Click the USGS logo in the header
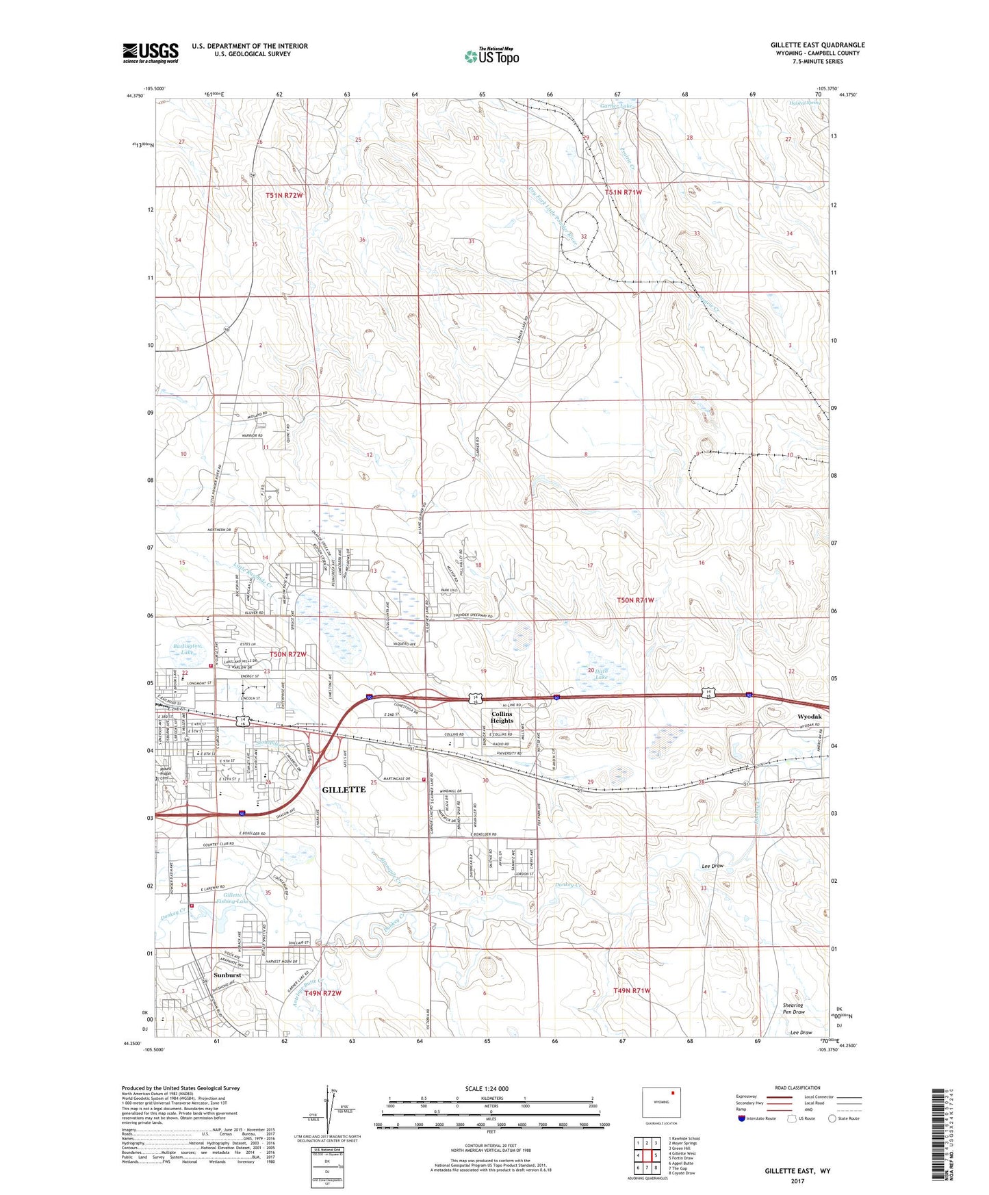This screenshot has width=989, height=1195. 151,53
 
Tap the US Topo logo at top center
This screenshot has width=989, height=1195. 491,55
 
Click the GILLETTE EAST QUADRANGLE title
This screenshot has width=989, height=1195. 817,45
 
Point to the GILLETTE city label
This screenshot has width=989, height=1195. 344,789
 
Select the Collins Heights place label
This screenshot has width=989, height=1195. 502,717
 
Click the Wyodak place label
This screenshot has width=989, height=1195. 810,717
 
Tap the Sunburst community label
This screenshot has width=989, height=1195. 227,975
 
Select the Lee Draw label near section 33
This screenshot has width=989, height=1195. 712,866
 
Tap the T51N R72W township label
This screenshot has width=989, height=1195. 284,195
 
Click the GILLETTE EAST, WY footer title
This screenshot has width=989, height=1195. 797,1171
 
